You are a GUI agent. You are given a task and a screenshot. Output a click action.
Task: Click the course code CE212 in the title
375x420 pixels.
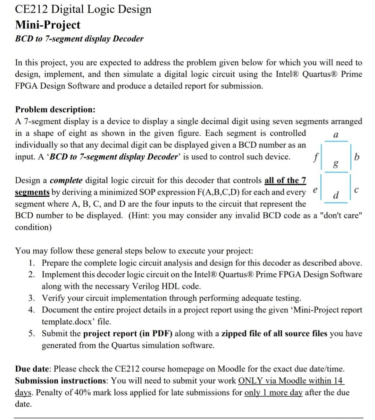[32, 9]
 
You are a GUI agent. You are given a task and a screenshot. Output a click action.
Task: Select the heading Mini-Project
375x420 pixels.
[48, 25]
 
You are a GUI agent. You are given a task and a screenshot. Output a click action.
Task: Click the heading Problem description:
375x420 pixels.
[55, 110]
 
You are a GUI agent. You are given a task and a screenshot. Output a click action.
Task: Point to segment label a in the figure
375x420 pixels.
[335, 135]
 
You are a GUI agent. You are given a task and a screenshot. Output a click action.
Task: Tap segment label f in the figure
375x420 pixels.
[315, 157]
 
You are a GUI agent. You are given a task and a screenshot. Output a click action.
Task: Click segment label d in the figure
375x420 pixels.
[335, 195]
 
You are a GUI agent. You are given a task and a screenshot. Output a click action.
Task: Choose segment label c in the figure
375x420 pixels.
[357, 190]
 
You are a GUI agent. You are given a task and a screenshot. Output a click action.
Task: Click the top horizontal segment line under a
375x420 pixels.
[335, 141]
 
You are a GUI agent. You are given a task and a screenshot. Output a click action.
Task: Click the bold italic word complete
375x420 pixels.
[66, 180]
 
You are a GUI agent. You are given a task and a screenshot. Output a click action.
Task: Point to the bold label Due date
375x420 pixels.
[33, 369]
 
